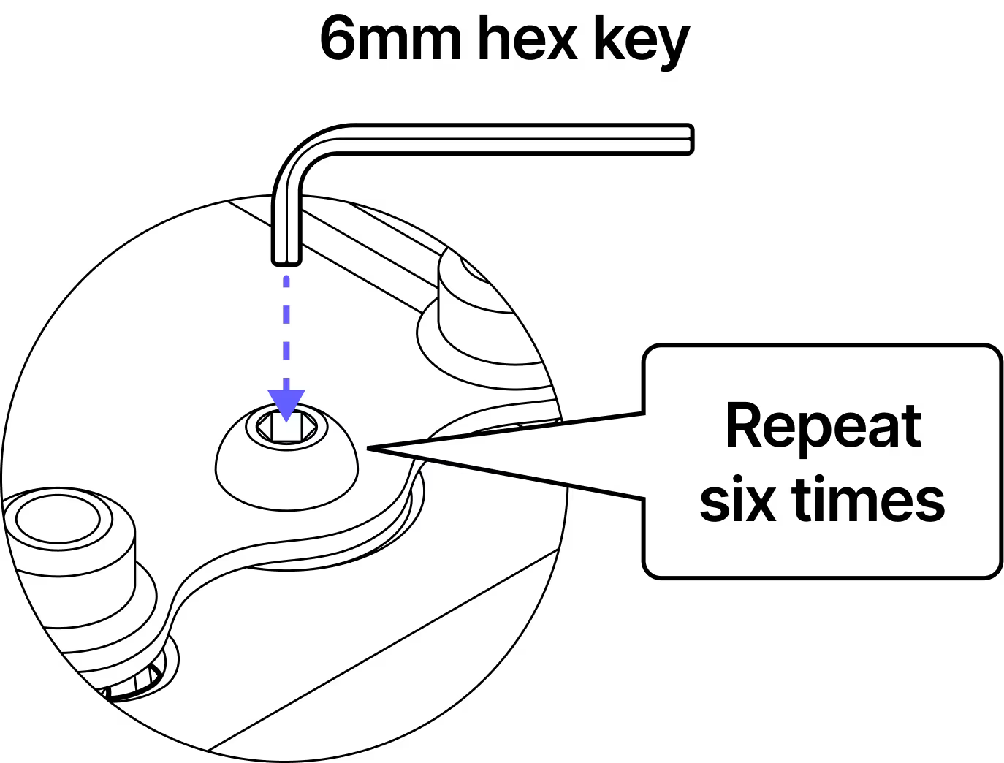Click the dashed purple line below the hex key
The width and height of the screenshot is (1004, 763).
(x=286, y=329)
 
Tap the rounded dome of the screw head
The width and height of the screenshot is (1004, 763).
(x=286, y=471)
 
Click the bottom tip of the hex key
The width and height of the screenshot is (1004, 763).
(x=286, y=260)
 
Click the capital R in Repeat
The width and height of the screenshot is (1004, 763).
(x=742, y=425)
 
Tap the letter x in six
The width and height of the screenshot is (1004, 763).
(x=761, y=502)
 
